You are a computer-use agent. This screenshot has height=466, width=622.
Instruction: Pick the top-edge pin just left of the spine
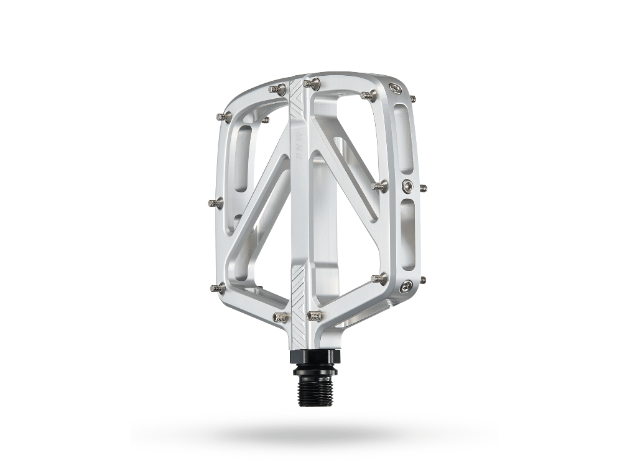(x=277, y=90)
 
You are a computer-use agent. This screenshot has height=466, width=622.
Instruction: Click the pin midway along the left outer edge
(x=215, y=203)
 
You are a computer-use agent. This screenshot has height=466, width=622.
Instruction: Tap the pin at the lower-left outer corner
(x=217, y=287)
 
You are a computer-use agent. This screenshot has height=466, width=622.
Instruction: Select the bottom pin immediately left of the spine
(x=281, y=318)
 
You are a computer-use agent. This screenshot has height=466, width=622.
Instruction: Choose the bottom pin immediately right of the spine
(x=314, y=316)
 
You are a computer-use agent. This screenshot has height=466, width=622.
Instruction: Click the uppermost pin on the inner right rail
(x=369, y=96)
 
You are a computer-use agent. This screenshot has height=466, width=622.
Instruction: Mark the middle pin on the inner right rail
(x=380, y=185)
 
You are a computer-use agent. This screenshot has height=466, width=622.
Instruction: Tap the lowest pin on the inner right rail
(x=379, y=278)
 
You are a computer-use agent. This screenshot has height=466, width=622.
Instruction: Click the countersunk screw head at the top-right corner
(x=395, y=89)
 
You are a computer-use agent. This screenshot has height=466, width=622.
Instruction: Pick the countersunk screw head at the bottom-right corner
(x=406, y=285)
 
